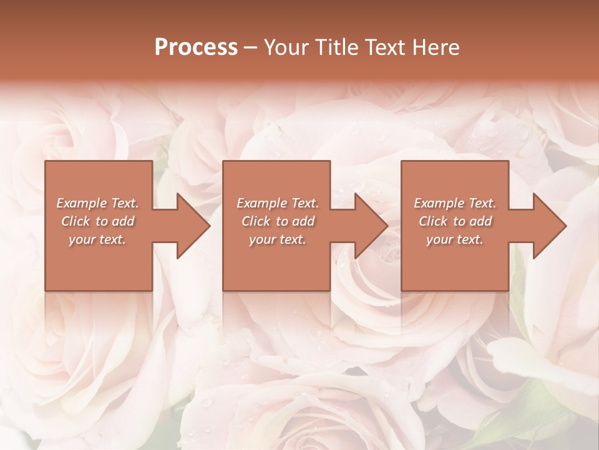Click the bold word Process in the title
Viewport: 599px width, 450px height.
coord(196,47)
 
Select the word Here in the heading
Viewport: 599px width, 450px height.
coord(437,47)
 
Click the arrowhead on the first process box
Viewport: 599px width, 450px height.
coord(190,226)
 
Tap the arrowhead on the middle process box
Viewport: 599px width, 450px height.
coord(368,226)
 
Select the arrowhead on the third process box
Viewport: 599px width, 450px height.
coord(547,226)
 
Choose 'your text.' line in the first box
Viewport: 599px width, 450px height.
coord(97,239)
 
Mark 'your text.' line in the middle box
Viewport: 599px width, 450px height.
coord(277,239)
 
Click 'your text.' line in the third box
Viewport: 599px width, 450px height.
coord(454,239)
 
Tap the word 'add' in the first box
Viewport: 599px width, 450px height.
coord(124,221)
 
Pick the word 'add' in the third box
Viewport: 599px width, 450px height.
coord(481,221)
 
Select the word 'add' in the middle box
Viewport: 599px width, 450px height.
coord(304,221)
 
